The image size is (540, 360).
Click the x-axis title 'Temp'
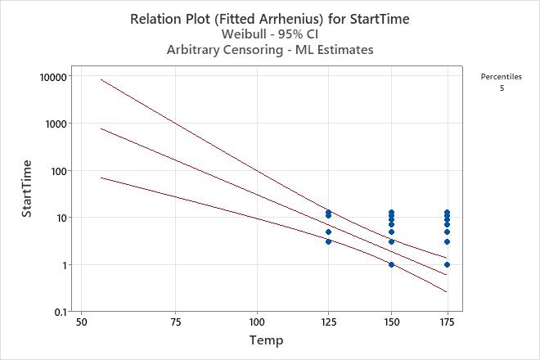pyautogui.click(x=268, y=340)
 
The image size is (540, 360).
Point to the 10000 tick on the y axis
pyautogui.click(x=54, y=76)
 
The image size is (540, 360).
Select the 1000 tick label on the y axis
pyautogui.click(x=56, y=124)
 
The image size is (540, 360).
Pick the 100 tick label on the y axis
pyautogui.click(x=59, y=171)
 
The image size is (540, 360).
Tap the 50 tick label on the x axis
pyautogui.click(x=80, y=322)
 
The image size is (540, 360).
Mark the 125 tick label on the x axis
pyautogui.click(x=328, y=322)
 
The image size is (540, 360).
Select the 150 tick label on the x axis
pyautogui.click(x=391, y=322)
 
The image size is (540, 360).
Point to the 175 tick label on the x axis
pyautogui.click(x=447, y=322)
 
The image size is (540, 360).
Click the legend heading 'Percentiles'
pyautogui.click(x=502, y=76)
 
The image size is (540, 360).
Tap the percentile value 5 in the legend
pyautogui.click(x=502, y=88)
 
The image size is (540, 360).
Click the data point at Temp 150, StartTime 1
pyautogui.click(x=391, y=264)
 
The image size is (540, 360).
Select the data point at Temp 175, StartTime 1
pyautogui.click(x=447, y=264)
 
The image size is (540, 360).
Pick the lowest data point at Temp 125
pyautogui.click(x=328, y=241)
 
